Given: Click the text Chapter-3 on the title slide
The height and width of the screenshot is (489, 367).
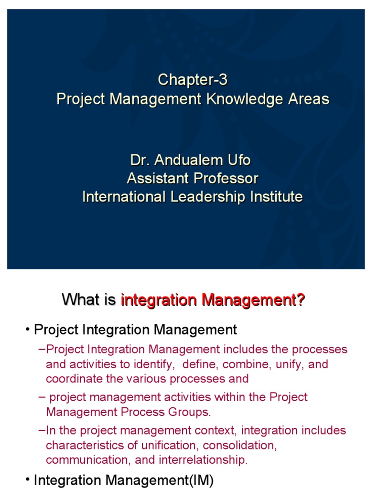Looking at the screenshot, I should [x=193, y=80].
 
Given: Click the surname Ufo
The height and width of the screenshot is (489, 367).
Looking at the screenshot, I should [x=239, y=160].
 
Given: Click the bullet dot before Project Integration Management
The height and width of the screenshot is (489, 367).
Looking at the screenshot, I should [x=29, y=330].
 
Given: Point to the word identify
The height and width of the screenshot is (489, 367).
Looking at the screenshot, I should [x=151, y=364].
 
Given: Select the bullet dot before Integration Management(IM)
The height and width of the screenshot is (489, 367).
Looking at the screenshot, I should [x=29, y=480].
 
